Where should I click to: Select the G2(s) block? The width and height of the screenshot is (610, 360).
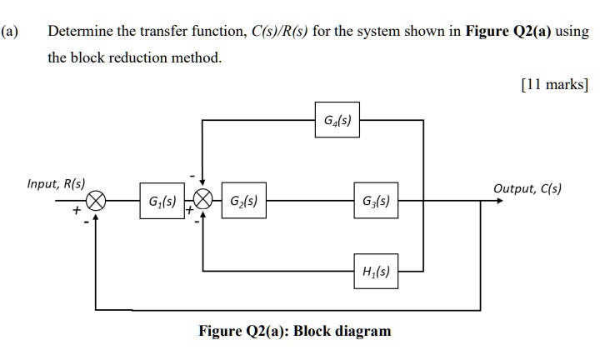coord(244,202)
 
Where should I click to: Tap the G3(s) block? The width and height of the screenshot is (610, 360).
coord(375,202)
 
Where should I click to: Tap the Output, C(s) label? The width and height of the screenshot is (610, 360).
coord(527,188)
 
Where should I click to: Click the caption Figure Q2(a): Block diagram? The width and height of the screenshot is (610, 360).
coord(294,331)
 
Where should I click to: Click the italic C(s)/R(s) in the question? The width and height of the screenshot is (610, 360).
coord(281,32)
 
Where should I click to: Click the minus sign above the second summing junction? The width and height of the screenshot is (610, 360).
coord(194,177)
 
